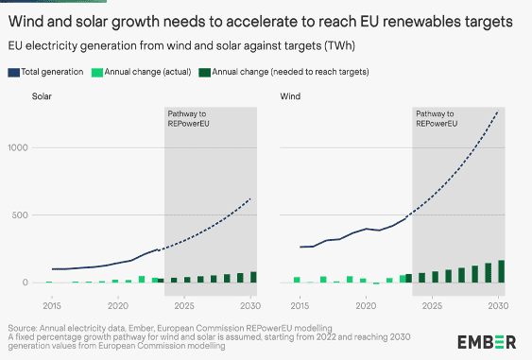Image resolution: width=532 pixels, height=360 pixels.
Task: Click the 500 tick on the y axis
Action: click(x=21, y=215)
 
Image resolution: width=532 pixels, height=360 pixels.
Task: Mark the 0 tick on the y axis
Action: click(x=26, y=283)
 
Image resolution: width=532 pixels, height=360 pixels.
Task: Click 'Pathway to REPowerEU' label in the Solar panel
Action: click(x=195, y=119)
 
